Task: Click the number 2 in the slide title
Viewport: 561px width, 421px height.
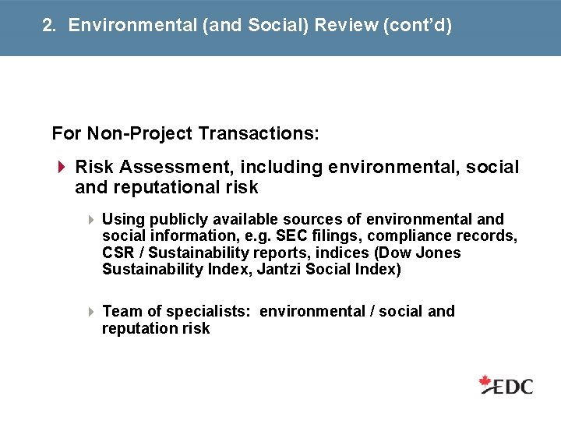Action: (48, 26)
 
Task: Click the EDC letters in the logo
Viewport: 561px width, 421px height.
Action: (515, 386)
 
